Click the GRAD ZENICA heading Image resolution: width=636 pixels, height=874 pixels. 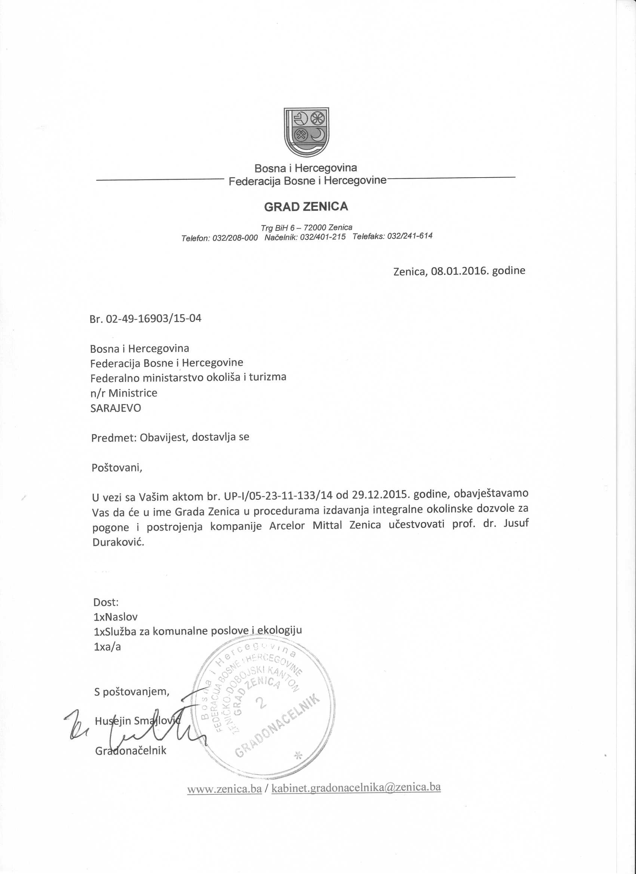(306, 207)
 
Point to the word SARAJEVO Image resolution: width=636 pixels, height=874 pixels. (116, 408)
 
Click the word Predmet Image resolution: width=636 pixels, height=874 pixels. (114, 438)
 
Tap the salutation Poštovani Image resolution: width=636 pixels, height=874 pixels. (117, 468)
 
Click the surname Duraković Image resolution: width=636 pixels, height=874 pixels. (118, 542)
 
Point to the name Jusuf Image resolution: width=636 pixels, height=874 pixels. (516, 523)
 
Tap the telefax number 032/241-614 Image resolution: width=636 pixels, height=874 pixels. (410, 236)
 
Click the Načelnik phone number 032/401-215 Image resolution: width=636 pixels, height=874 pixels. (323, 237)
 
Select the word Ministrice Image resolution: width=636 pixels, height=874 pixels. (133, 393)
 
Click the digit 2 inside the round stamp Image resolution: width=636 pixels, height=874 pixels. (262, 702)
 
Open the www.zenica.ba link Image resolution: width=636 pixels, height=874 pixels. (224, 789)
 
